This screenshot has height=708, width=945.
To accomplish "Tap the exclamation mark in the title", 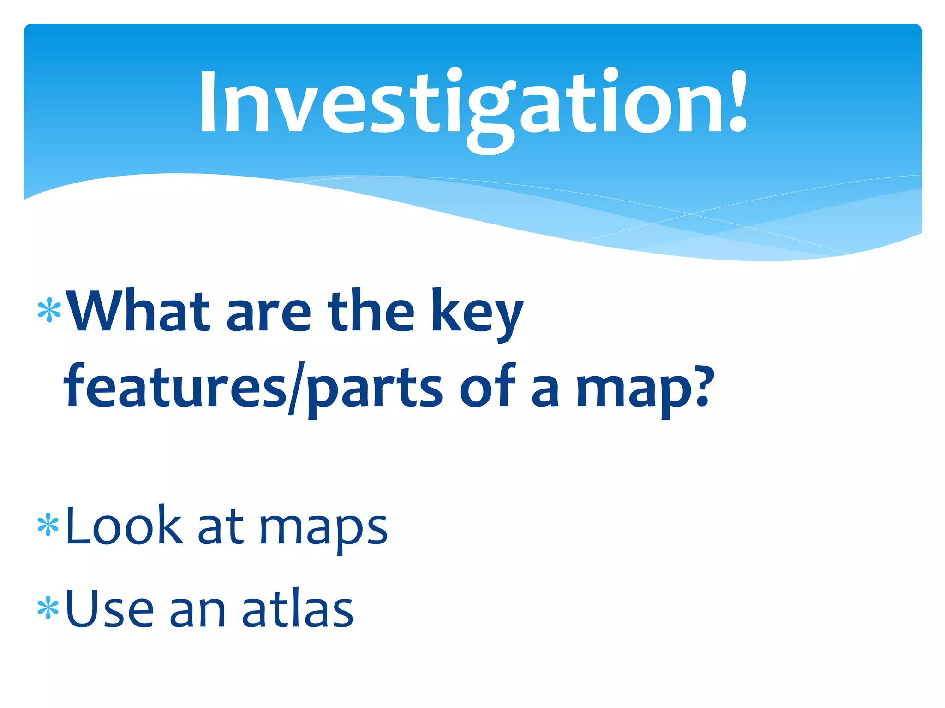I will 737,101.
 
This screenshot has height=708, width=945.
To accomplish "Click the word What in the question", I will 138,311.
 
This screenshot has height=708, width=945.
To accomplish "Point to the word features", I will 175,386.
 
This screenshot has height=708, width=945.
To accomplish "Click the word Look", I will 124,525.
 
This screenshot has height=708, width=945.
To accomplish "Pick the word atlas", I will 298,608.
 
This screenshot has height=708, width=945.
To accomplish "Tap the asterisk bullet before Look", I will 48,526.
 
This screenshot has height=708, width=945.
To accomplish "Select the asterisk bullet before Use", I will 48,608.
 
